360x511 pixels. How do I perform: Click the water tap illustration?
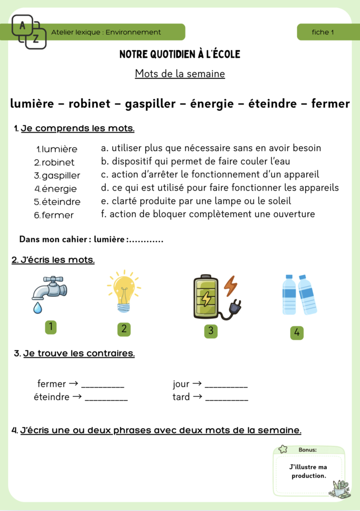pos(48,288)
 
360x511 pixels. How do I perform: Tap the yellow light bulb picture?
pos(123,291)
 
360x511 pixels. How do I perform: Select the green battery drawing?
pos(206,297)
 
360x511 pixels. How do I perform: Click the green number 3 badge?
pos(211,331)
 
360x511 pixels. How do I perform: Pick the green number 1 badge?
pos(50,327)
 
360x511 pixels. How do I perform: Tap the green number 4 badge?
pos(297,333)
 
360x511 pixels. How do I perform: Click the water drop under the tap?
pos(38,308)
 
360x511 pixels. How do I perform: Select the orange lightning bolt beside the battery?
pos(230,285)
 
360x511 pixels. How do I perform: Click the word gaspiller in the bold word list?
pos(150,104)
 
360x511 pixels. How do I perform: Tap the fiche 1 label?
pos(323,32)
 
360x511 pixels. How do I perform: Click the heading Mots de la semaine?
pos(180,74)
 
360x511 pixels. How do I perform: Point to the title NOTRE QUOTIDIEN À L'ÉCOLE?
pos(180,54)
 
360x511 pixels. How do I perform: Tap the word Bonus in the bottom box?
pos(307,450)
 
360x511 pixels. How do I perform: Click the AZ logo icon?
pos(29,31)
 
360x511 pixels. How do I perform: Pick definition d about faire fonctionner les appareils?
pos(219,188)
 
